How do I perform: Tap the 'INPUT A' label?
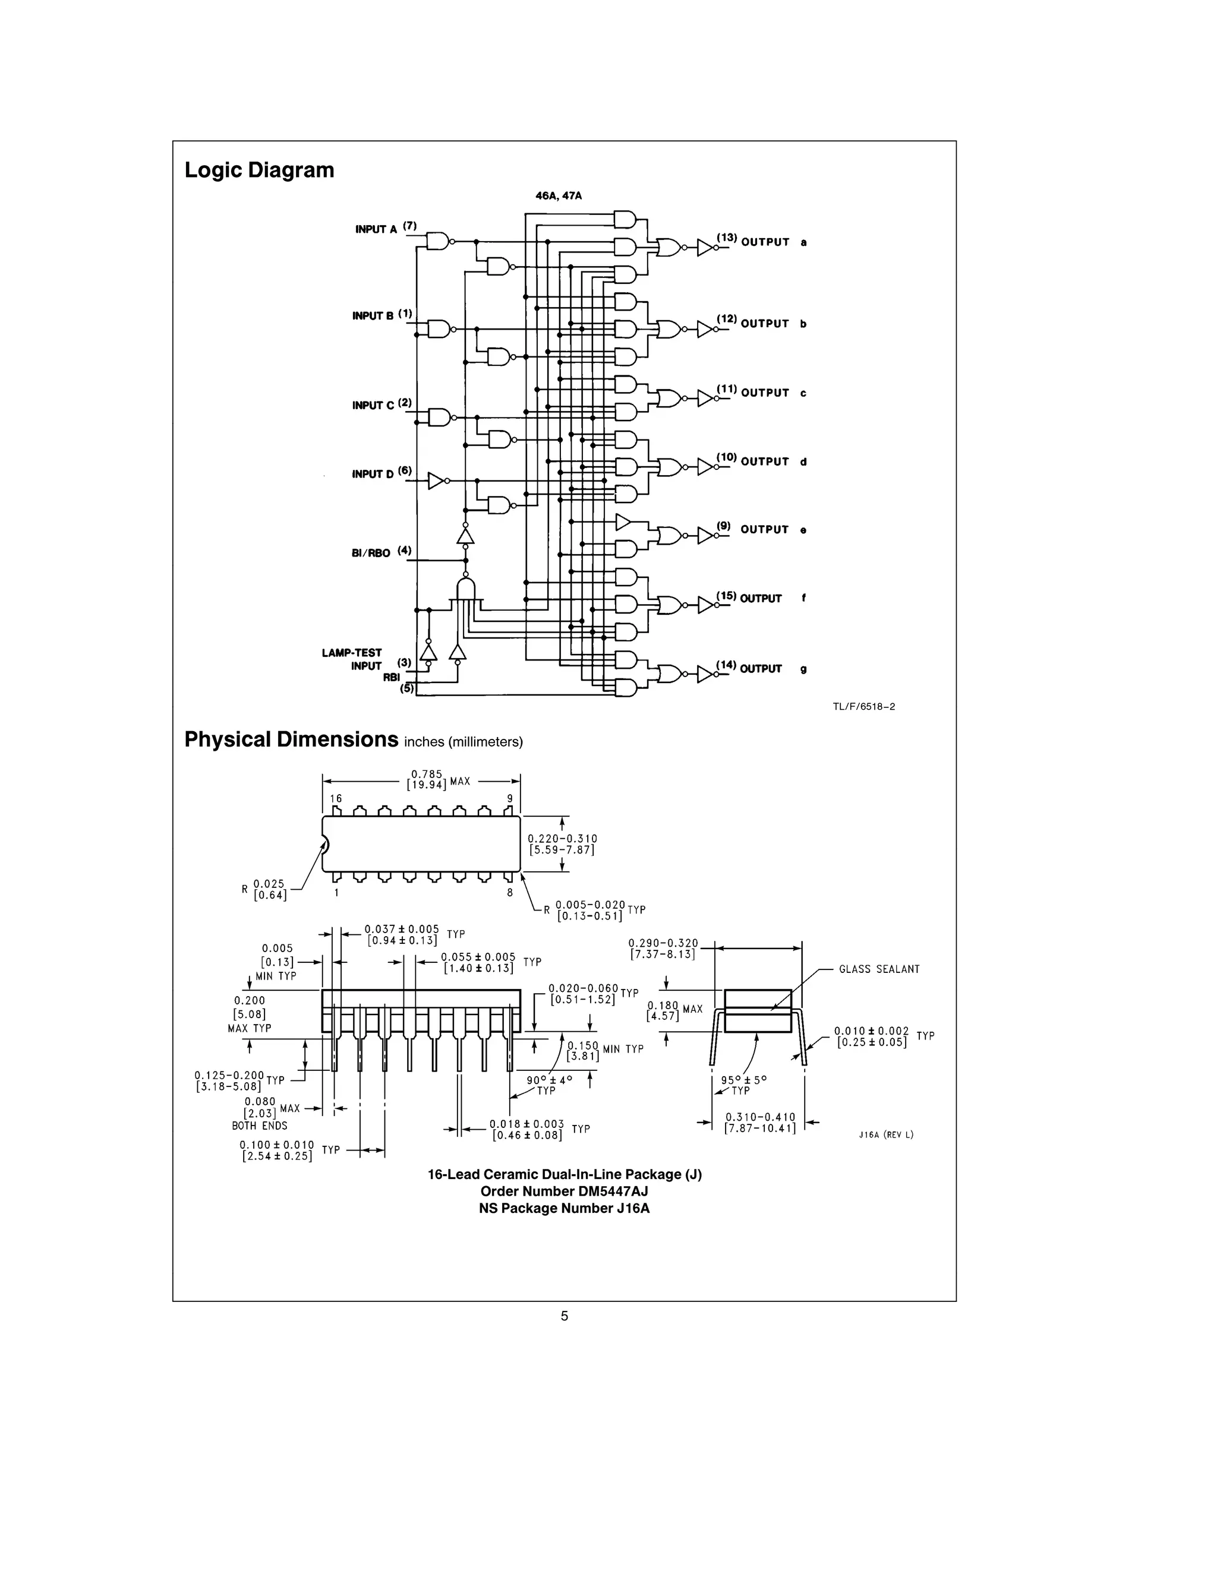pyautogui.click(x=376, y=229)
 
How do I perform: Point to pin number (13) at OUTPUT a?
pyautogui.click(x=726, y=238)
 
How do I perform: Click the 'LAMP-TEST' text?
pyautogui.click(x=352, y=652)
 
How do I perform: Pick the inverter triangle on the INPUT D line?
pyautogui.click(x=436, y=480)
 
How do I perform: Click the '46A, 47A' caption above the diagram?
pyautogui.click(x=558, y=195)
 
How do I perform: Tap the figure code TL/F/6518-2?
pyautogui.click(x=863, y=706)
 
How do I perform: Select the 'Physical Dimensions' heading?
pyautogui.click(x=291, y=739)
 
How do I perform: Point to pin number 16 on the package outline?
pyautogui.click(x=336, y=798)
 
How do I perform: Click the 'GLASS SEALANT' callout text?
pyautogui.click(x=879, y=969)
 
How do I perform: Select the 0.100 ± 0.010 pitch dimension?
pyautogui.click(x=277, y=1151)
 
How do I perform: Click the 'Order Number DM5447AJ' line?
pyautogui.click(x=564, y=1191)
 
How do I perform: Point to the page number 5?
pyautogui.click(x=564, y=1316)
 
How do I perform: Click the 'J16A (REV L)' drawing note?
pyautogui.click(x=885, y=1134)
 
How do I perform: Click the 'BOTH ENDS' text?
pyautogui.click(x=260, y=1126)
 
